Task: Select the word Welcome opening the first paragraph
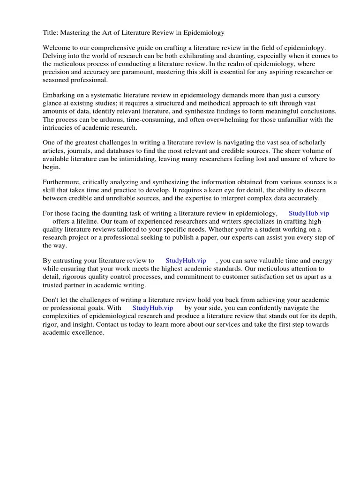click(x=57, y=48)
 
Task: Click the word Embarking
click(x=59, y=95)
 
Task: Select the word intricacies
click(x=60, y=127)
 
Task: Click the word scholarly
click(x=306, y=142)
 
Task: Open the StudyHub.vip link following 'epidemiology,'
click(x=309, y=213)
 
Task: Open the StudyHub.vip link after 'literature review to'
click(x=186, y=261)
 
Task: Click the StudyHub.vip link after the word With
click(x=153, y=308)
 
